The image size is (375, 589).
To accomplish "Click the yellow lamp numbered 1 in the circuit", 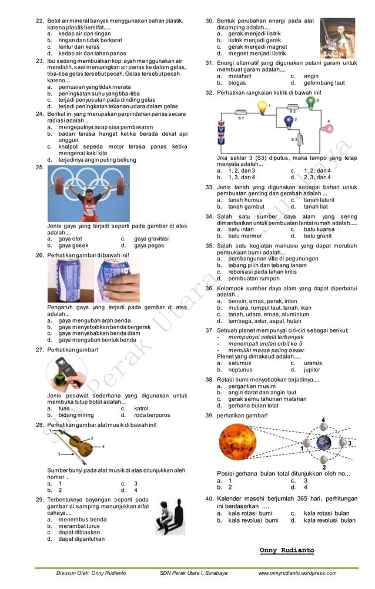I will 262,107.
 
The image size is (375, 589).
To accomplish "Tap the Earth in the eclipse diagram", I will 324,441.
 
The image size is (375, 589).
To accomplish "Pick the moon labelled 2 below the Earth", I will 324,459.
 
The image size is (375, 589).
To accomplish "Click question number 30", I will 209,21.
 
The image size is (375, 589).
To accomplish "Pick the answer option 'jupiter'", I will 313,370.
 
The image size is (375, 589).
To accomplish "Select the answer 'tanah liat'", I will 316,206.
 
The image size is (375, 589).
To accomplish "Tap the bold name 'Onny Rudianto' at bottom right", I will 287,550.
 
